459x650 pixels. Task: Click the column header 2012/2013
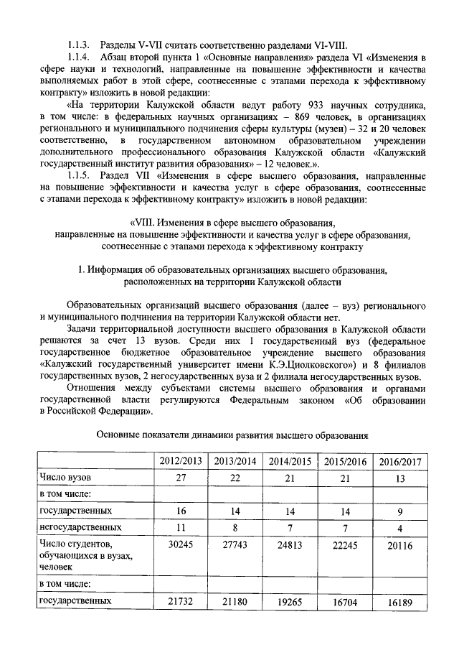click(179, 461)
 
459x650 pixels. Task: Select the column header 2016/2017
click(399, 461)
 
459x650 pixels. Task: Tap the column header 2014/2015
click(289, 461)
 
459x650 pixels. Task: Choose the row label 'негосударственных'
click(79, 529)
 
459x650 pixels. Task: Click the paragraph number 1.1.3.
click(80, 45)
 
